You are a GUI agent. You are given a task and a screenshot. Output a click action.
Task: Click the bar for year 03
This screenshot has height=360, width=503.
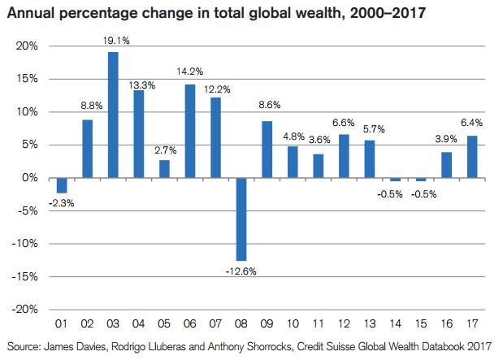113,115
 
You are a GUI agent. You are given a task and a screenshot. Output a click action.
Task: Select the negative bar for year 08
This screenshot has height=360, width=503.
241,219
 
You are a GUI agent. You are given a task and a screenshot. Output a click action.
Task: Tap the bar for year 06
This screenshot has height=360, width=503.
190,131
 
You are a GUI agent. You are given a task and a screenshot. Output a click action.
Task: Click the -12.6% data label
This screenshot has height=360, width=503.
241,271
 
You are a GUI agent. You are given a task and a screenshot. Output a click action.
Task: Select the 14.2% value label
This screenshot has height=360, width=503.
190,74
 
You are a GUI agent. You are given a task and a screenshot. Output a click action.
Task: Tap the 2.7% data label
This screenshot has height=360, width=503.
165,150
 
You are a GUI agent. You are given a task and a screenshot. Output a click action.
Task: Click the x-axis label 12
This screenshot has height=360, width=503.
345,321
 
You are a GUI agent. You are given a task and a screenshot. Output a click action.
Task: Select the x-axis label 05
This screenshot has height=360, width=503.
165,321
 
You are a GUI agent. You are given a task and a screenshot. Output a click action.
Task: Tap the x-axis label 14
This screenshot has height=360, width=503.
396,321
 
